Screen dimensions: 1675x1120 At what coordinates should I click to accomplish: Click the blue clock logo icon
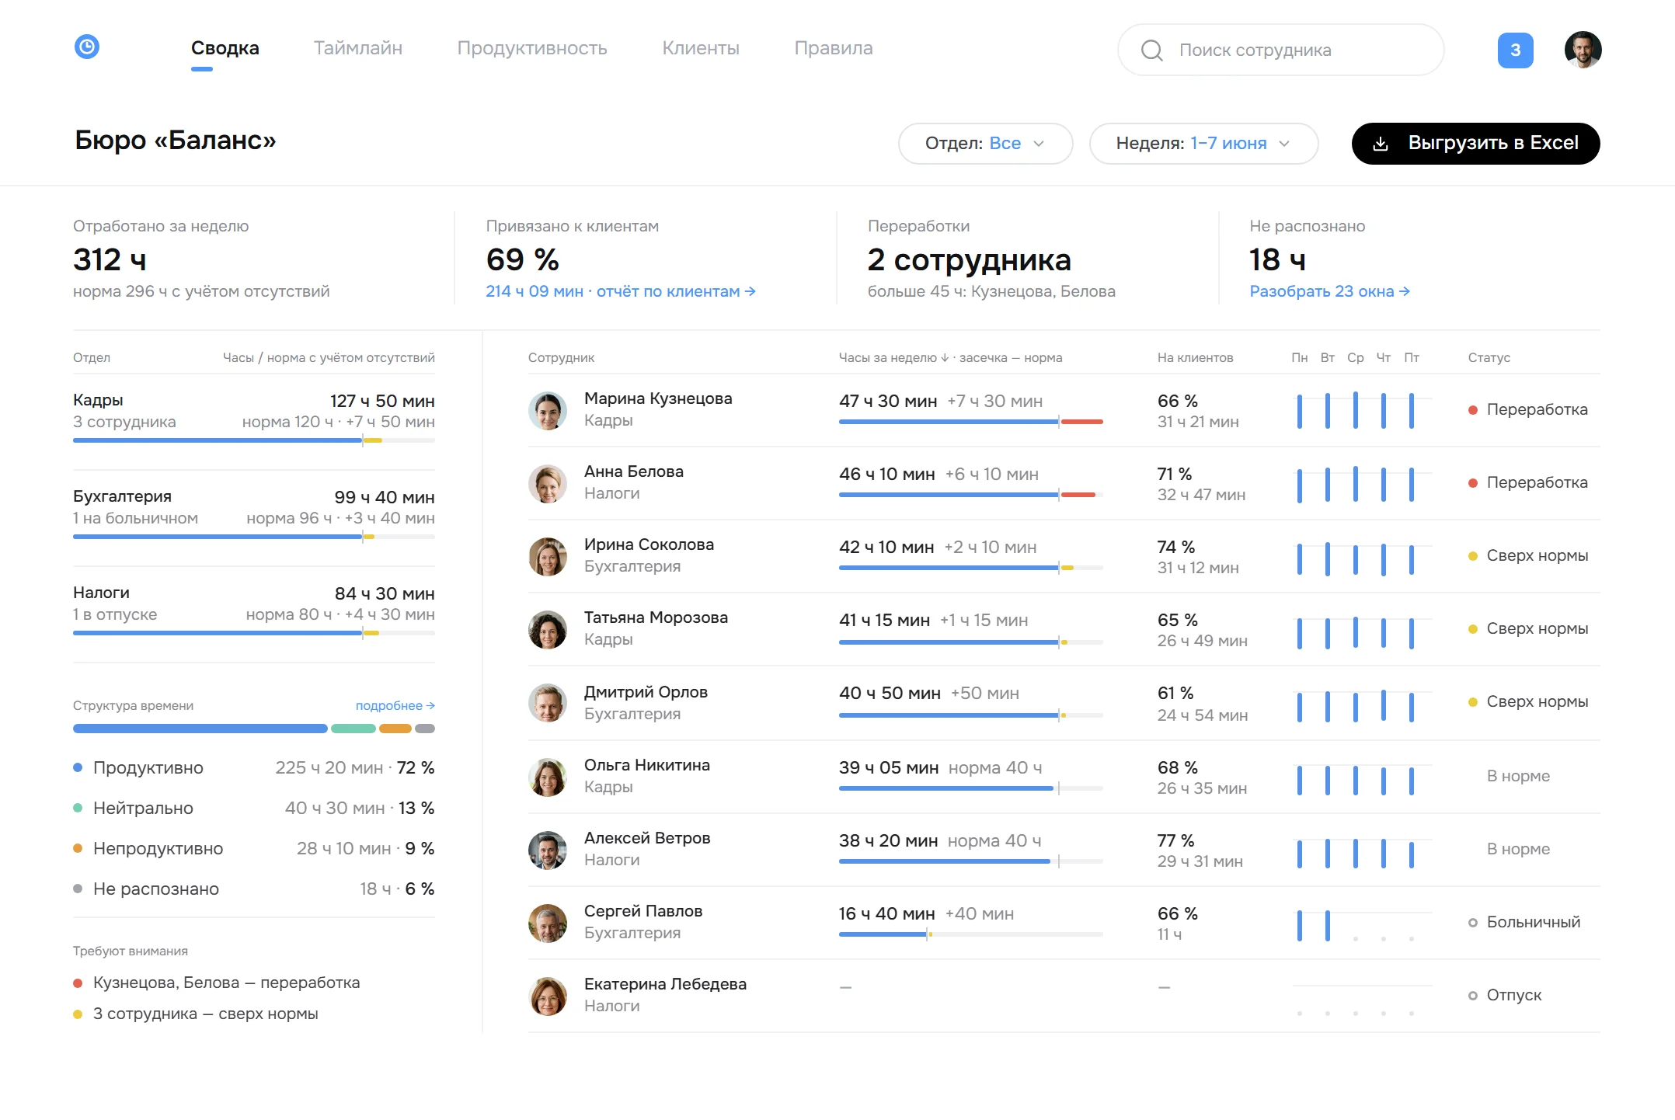87,47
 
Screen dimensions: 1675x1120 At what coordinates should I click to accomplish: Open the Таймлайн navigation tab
358,48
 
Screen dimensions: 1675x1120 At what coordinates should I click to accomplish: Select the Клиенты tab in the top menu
701,48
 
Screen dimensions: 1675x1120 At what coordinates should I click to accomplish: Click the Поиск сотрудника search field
1280,50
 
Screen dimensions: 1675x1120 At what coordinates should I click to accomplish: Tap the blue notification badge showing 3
1515,50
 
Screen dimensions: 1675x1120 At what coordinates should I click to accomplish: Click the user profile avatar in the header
1583,50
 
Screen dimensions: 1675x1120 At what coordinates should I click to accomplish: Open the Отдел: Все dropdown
985,144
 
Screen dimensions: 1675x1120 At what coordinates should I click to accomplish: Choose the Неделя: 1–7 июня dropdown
1203,144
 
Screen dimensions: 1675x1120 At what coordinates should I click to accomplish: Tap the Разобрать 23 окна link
1329,291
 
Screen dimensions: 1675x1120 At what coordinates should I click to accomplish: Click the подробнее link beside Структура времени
395,705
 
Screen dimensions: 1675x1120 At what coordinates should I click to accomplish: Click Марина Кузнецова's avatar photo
548,411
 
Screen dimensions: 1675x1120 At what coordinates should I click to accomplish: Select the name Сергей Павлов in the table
643,911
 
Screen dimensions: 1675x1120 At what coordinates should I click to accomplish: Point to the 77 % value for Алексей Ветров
1175,840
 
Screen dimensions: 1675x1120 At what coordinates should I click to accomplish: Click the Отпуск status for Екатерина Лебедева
1513,995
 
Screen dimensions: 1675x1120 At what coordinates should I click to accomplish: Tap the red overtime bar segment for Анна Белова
1078,495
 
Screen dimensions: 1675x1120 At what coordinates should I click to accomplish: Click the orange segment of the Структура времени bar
395,729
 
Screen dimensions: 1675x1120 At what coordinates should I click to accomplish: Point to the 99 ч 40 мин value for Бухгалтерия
385,497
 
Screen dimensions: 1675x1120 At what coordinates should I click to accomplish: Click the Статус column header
1489,357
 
